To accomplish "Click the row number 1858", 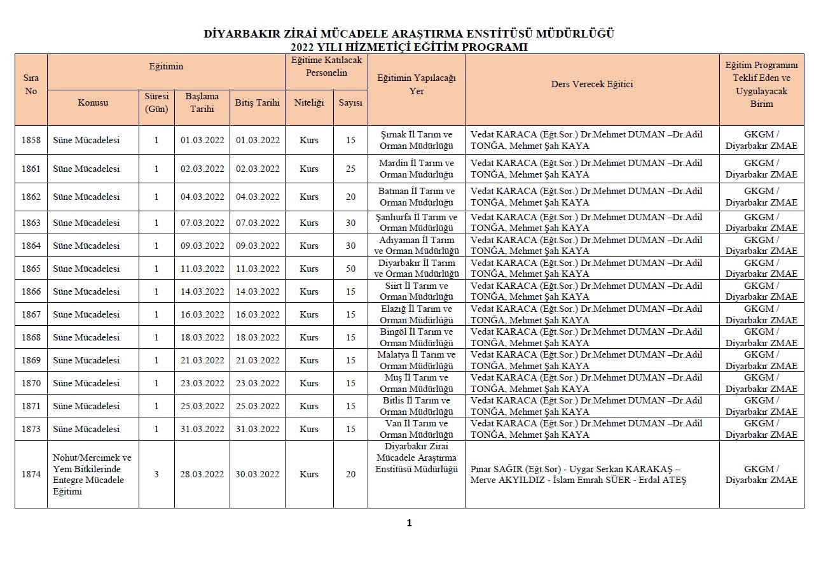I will [31, 140].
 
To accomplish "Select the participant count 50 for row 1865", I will [350, 269].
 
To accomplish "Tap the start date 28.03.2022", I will [202, 474].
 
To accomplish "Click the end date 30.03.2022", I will [257, 474].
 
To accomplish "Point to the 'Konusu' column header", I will [93, 102].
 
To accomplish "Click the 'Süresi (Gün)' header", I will [156, 102].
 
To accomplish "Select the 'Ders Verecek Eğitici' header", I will [591, 84].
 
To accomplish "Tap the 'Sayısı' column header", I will [350, 102].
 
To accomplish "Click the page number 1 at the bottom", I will [409, 523].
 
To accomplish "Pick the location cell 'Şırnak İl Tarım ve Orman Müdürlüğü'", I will [416, 140].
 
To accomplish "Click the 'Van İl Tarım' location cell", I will [416, 429].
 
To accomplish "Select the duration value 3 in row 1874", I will [156, 474].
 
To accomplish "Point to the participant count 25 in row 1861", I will [350, 169].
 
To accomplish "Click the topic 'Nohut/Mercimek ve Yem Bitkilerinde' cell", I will [93, 474].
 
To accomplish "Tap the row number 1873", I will [31, 429].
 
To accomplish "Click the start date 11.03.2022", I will [202, 269].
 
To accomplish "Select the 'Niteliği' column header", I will [309, 102].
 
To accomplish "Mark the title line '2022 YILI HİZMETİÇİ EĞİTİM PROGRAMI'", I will [409, 47].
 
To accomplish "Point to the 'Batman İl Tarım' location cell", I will [416, 197].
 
